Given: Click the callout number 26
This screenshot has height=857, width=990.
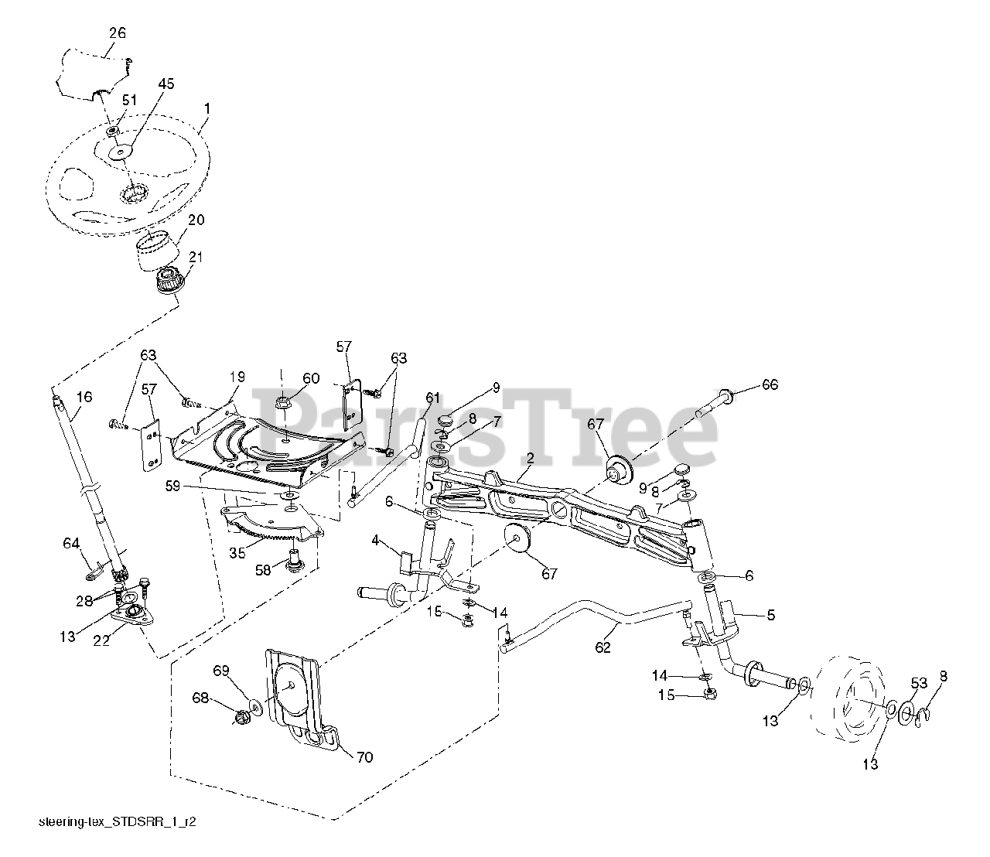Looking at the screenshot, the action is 118,33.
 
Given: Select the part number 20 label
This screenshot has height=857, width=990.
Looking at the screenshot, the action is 196,220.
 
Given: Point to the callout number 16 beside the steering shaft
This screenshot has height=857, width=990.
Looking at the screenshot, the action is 84,397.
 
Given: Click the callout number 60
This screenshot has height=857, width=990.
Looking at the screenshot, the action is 310,378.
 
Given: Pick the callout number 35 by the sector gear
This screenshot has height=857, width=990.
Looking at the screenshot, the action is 237,553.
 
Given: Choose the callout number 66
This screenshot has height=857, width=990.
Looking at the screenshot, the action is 770,384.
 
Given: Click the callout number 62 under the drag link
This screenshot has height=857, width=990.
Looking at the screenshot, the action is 603,647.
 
